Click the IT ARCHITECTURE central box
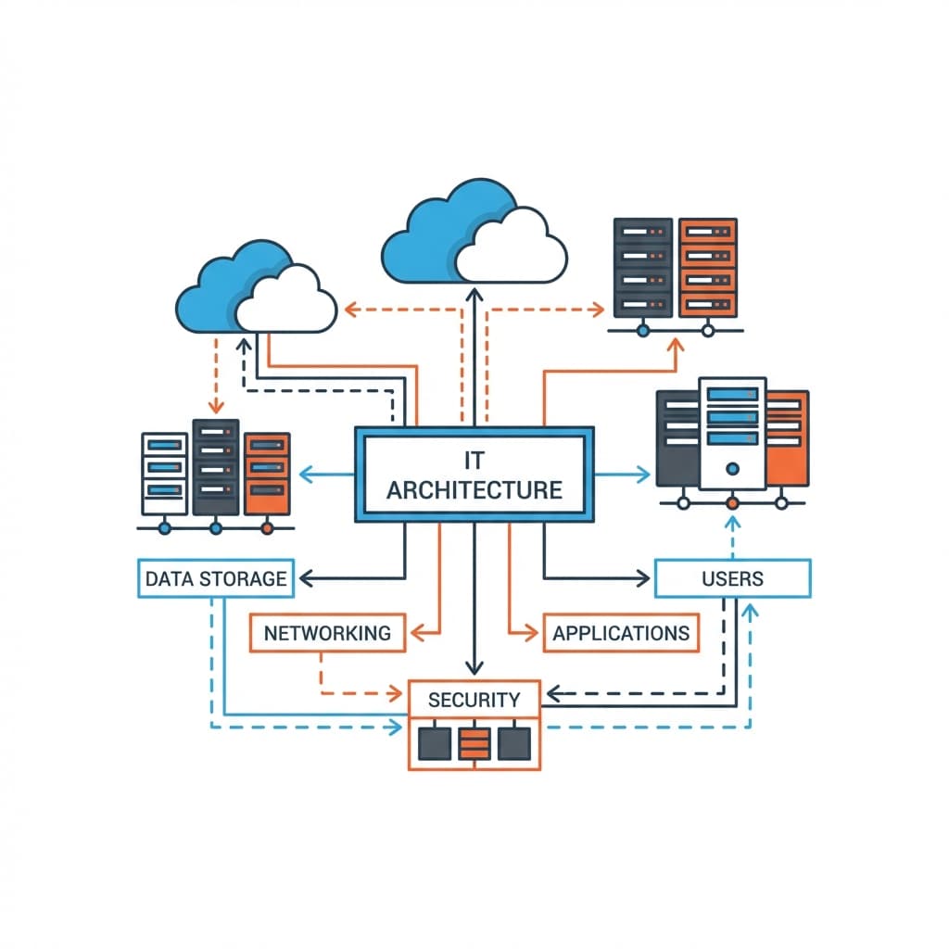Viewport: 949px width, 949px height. (x=474, y=474)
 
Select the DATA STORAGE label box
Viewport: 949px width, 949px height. (x=216, y=578)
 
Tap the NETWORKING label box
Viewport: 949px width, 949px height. (x=327, y=634)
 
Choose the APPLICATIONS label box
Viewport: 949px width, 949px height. (x=621, y=634)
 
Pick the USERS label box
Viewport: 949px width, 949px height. (x=732, y=578)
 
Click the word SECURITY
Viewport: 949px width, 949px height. (x=474, y=700)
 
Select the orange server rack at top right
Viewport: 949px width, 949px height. (x=707, y=269)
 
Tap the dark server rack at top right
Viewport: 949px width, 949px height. (x=642, y=269)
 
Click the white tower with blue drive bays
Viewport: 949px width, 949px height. (x=732, y=431)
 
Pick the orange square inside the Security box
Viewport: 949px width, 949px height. (x=474, y=741)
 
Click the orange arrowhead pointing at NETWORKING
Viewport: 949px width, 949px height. (x=416, y=634)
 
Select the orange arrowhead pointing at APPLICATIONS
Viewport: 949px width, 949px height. (x=531, y=634)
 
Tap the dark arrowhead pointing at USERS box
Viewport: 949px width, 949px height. (x=642, y=579)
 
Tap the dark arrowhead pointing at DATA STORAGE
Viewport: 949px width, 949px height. (x=304, y=579)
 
